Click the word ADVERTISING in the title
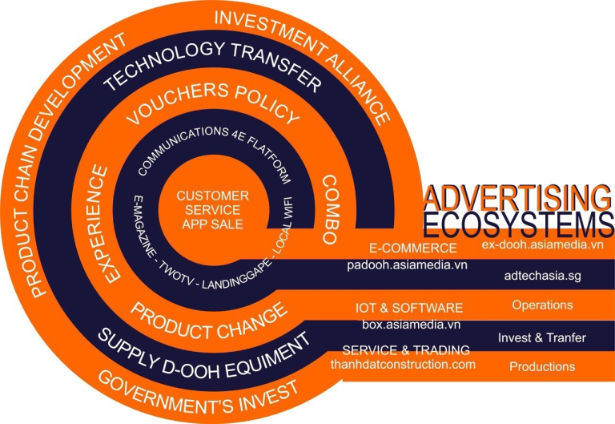pyautogui.click(x=512, y=196)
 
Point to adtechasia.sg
pyautogui.click(x=538, y=275)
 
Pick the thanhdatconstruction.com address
pyautogui.click(x=404, y=364)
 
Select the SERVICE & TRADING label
pyautogui.click(x=404, y=350)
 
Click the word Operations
pyautogui.click(x=542, y=305)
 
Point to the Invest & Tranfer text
pyautogui.click(x=542, y=337)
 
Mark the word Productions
pyautogui.click(x=542, y=367)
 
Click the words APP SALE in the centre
pyautogui.click(x=212, y=225)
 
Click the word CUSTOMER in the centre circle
pyautogui.click(x=212, y=196)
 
